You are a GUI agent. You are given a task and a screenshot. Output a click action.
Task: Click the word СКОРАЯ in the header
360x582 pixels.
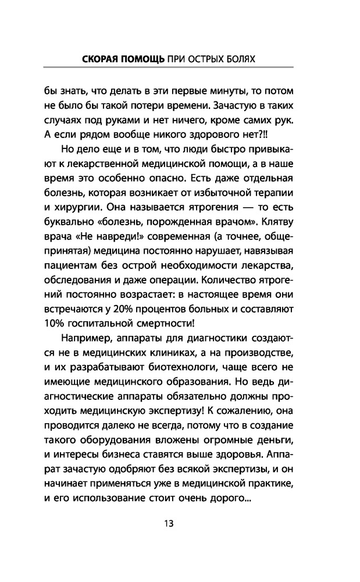coord(100,60)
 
